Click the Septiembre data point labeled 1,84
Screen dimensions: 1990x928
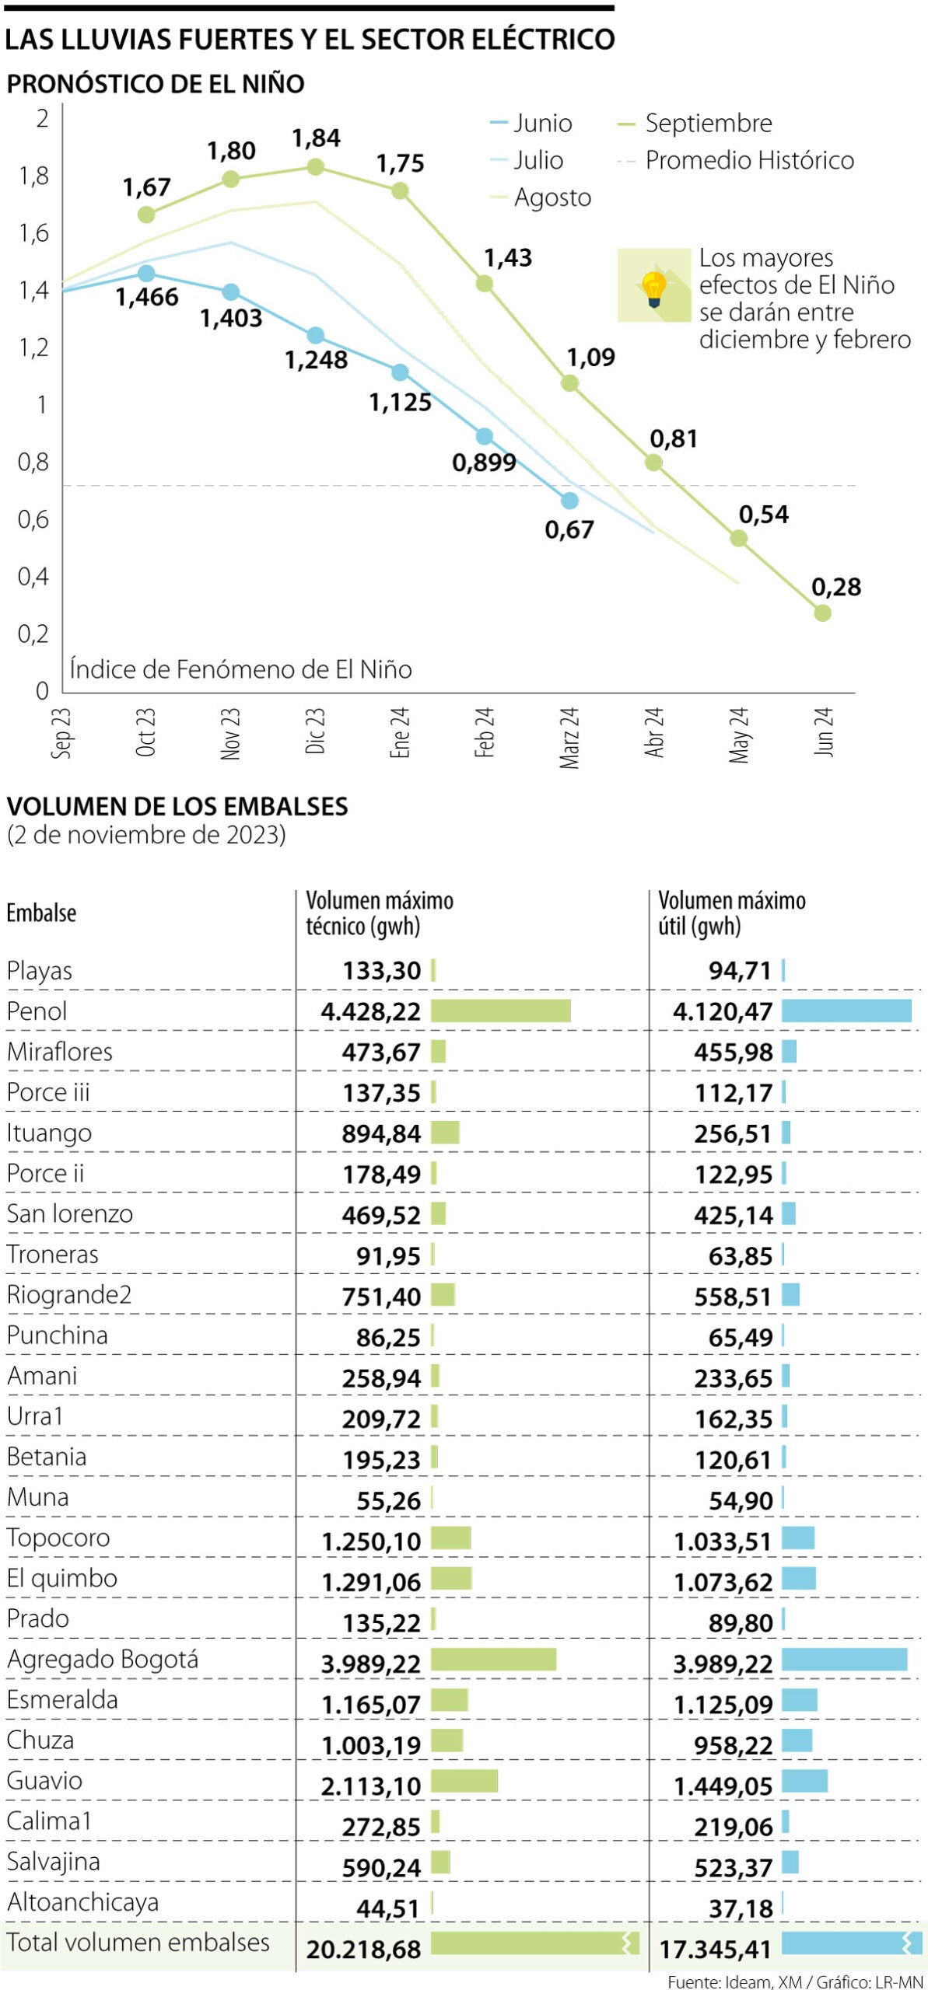click(x=315, y=167)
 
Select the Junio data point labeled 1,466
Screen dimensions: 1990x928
click(x=146, y=274)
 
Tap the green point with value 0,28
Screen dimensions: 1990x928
click(x=822, y=613)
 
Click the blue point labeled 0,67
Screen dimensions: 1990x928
click(x=569, y=501)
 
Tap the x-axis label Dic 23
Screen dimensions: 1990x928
click(x=315, y=731)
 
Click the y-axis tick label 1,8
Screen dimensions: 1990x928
click(x=33, y=176)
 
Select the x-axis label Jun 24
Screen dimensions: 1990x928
click(x=823, y=731)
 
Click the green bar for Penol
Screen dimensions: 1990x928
click(x=500, y=1011)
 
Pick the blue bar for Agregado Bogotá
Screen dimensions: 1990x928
click(x=844, y=1660)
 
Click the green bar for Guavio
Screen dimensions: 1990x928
click(x=464, y=1781)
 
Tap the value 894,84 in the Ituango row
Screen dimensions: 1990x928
click(x=381, y=1133)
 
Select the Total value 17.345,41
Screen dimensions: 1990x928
click(x=715, y=1949)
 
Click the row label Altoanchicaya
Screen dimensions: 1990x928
click(x=82, y=1902)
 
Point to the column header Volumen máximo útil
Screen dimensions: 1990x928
click(x=731, y=913)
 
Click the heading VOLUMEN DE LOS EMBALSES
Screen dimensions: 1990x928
click(x=177, y=806)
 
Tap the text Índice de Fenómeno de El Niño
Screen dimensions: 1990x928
click(x=240, y=669)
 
